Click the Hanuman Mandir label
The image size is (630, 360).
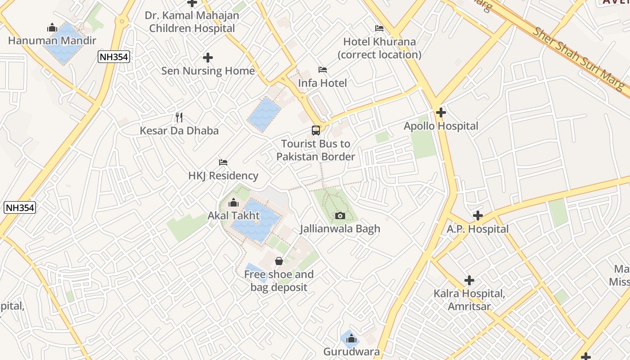(x=52, y=40)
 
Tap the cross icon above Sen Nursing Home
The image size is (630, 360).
(x=208, y=58)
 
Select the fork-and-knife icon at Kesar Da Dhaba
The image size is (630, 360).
(x=179, y=117)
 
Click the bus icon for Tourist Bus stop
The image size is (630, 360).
(x=316, y=130)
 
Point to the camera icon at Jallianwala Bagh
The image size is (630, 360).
(x=340, y=216)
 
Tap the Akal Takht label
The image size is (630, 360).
(x=234, y=216)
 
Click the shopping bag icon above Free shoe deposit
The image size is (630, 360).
(x=279, y=261)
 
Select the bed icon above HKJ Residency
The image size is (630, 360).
(x=223, y=162)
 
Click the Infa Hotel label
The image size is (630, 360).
(x=323, y=83)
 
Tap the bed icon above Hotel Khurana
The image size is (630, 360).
(x=379, y=28)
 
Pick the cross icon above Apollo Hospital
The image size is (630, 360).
(x=441, y=112)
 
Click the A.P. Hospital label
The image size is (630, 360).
(x=477, y=229)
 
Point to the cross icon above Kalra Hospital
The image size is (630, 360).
(x=469, y=280)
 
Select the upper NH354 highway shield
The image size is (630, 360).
(x=114, y=57)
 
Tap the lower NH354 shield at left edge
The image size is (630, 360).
(x=20, y=207)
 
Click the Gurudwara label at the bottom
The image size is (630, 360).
(x=351, y=351)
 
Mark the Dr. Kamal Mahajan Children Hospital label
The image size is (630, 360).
(x=192, y=22)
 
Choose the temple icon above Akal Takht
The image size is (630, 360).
(x=233, y=203)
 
